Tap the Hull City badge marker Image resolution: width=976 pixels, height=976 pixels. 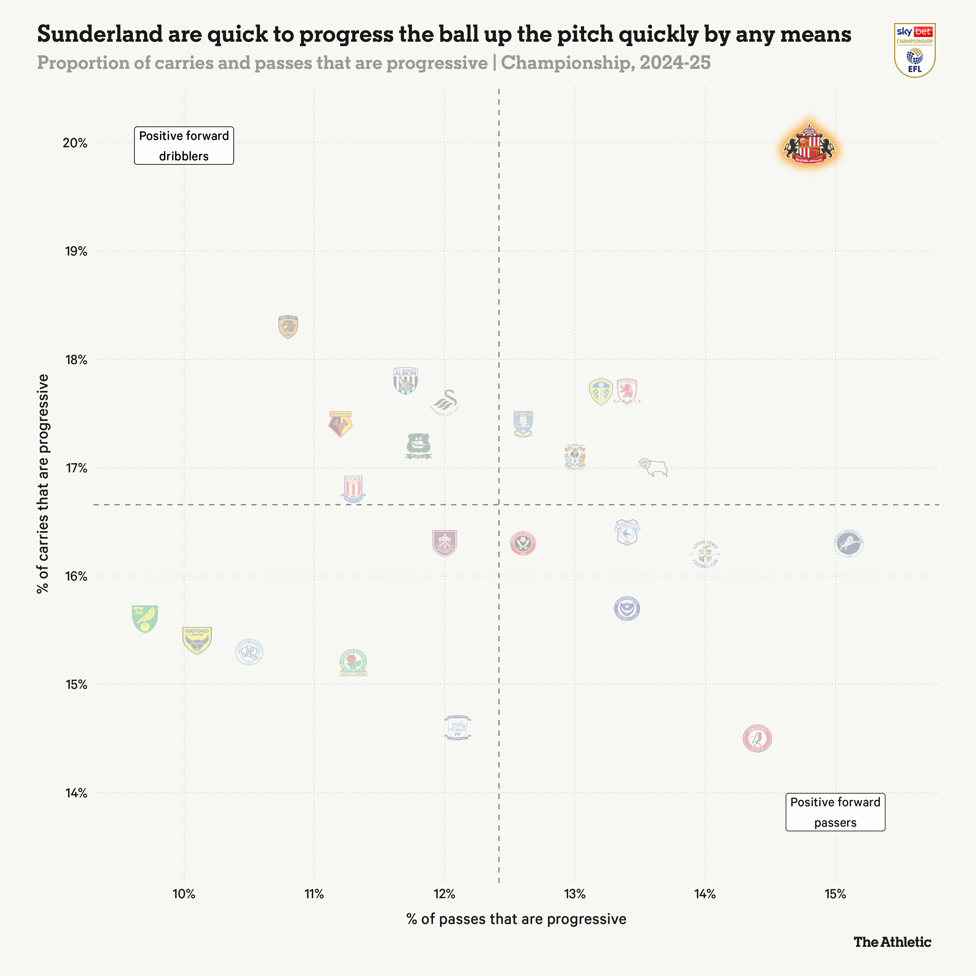click(x=288, y=327)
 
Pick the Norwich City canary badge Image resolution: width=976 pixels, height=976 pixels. click(x=145, y=618)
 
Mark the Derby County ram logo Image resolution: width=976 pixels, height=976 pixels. click(x=653, y=467)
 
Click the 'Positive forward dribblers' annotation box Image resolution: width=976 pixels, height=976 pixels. click(x=184, y=146)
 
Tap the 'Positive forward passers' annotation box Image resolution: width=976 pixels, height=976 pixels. click(x=835, y=812)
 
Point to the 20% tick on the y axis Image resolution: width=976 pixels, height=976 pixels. click(x=75, y=143)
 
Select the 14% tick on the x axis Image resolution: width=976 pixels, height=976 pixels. click(x=705, y=894)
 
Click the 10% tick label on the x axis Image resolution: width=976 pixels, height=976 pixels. click(x=184, y=894)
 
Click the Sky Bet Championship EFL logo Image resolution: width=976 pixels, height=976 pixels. click(x=914, y=50)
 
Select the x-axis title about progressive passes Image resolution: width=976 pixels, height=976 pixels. click(x=516, y=919)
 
